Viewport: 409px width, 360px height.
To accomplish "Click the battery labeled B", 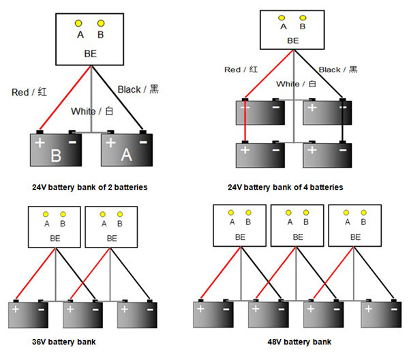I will tap(55, 150).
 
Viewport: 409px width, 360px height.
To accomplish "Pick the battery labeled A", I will tap(126, 150).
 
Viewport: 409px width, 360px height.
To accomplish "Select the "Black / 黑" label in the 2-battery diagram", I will tap(138, 89).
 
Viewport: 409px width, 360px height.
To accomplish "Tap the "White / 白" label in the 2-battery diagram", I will tap(91, 111).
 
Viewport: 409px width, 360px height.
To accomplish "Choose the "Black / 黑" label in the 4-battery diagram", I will tap(338, 70).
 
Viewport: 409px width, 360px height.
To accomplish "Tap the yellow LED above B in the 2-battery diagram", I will tap(102, 23).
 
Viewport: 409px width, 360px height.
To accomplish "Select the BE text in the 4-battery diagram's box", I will tap(293, 40).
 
